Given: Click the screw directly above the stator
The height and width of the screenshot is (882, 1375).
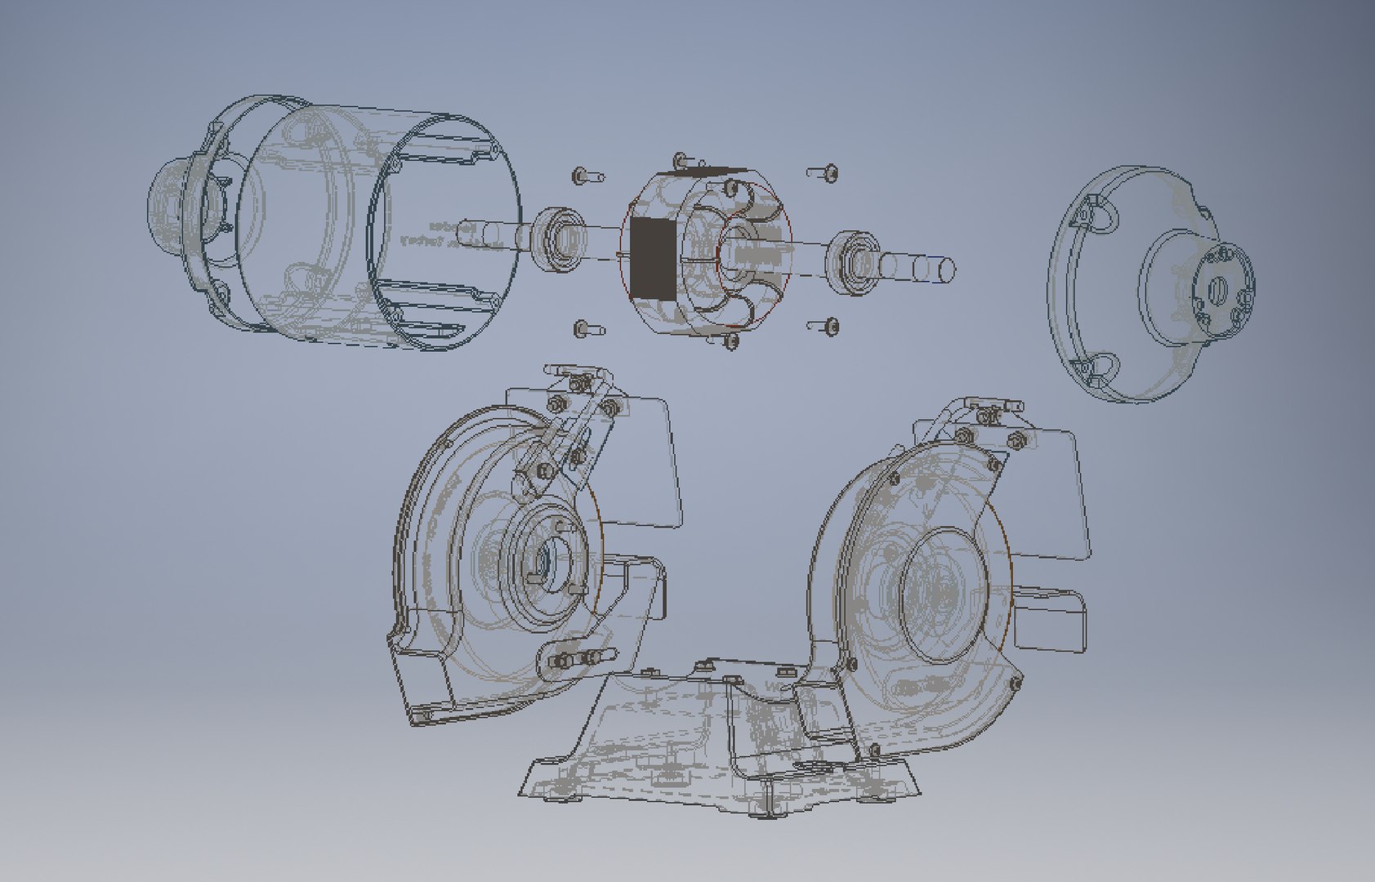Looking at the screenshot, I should click(680, 158).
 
